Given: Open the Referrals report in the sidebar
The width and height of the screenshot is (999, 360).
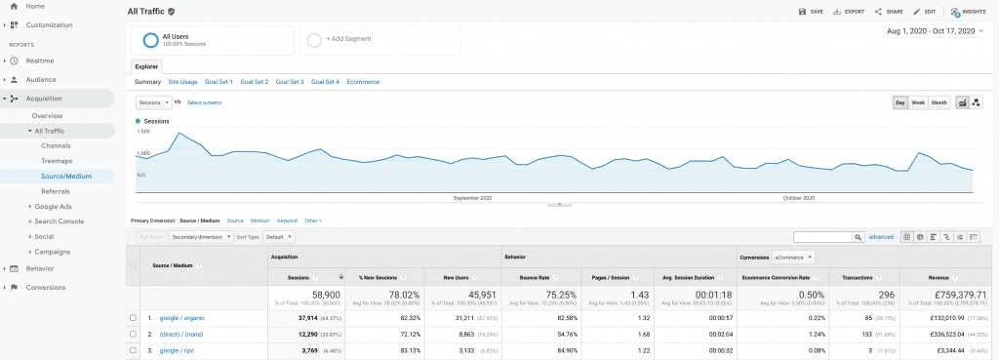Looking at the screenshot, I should [56, 191].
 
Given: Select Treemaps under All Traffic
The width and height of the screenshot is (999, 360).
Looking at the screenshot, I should [56, 160].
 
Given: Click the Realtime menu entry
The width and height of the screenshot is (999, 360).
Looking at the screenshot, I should [40, 60].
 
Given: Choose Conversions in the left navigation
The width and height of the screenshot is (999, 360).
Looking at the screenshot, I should [45, 287].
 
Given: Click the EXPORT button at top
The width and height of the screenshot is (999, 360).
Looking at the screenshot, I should [849, 12].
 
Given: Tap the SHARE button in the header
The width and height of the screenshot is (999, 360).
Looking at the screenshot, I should [890, 12].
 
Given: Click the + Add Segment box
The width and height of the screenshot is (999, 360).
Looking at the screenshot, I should [380, 40].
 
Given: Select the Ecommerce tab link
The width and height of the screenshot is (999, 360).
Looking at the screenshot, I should [363, 82].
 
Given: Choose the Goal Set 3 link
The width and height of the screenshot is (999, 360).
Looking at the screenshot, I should [290, 82].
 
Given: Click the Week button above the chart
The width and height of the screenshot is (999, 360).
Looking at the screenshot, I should [918, 102].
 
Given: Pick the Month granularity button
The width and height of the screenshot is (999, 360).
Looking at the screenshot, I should [939, 102].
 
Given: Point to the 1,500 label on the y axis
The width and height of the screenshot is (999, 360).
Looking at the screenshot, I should [143, 131].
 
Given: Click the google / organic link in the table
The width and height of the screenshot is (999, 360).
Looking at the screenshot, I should [182, 318].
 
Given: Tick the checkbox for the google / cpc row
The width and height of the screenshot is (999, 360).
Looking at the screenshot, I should [133, 349].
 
